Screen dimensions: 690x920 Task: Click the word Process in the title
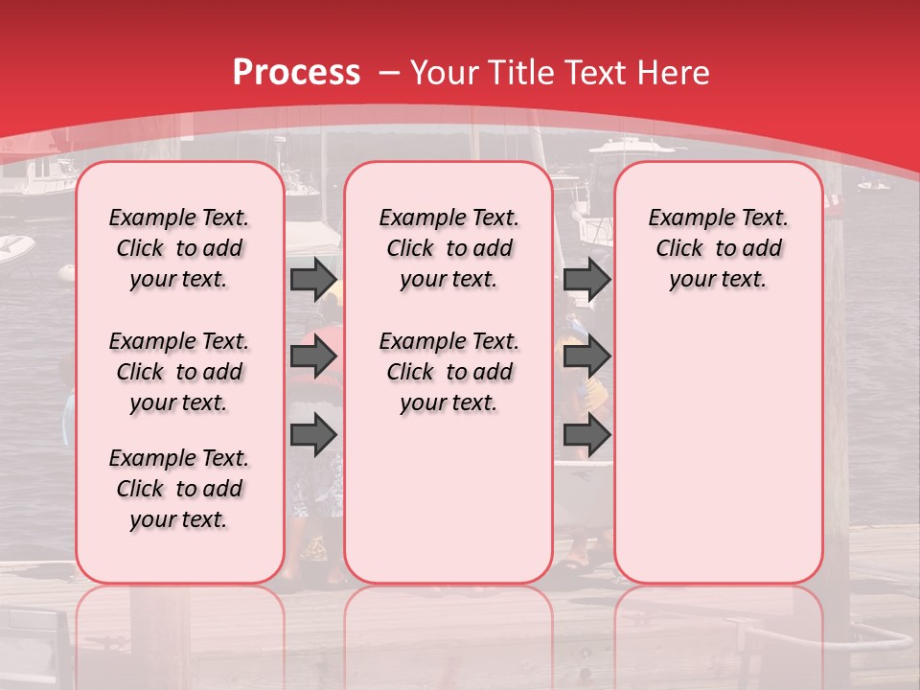coord(296,73)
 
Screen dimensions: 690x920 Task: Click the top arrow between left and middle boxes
coord(313,279)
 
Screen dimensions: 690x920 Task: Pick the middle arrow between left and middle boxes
coord(313,357)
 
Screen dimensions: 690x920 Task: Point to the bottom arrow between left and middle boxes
coord(313,434)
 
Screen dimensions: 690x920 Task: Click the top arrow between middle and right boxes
coord(586,279)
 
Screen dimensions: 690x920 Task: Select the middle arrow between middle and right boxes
coord(586,357)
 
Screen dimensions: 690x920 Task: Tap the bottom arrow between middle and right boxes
coord(586,434)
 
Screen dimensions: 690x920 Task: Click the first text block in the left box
coord(179,248)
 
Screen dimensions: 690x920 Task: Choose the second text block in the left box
coord(179,372)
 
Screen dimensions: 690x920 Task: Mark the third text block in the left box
coord(179,489)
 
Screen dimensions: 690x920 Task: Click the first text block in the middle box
coord(448,248)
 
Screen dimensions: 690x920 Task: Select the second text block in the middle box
coord(448,372)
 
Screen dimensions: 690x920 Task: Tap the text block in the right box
coord(718,248)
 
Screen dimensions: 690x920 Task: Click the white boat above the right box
coord(632,148)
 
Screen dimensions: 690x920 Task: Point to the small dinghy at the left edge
coord(13,247)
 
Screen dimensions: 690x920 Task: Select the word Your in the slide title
coord(445,73)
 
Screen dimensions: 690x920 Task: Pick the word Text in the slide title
coord(596,73)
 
